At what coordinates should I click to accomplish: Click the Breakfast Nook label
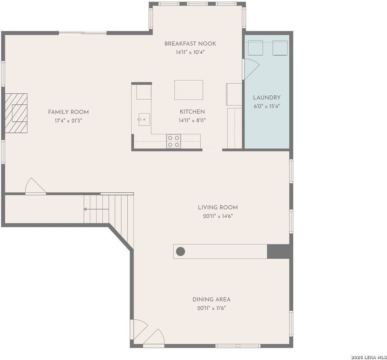pos(190,44)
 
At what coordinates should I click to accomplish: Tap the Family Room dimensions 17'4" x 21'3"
pos(68,121)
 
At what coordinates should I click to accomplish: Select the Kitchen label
pos(192,112)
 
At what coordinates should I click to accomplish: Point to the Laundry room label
pos(267,97)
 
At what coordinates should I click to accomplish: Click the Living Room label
pos(218,207)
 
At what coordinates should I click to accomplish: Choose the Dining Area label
pos(211,299)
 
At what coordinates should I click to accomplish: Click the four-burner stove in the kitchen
pos(174,141)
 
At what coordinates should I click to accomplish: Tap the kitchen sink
pos(144,119)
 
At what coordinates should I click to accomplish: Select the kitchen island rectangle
pos(189,90)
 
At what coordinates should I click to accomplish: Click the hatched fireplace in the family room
pos(16,113)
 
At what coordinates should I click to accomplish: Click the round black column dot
pos(180,251)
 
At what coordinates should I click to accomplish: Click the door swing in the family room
pos(35,187)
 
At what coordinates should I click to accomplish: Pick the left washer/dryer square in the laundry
pos(255,48)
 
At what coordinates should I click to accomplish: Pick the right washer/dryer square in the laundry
pos(280,48)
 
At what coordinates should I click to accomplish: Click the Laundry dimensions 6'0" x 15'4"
pos(267,106)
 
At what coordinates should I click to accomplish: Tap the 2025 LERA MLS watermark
pos(369,356)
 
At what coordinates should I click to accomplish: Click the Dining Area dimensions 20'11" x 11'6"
pos(211,308)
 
